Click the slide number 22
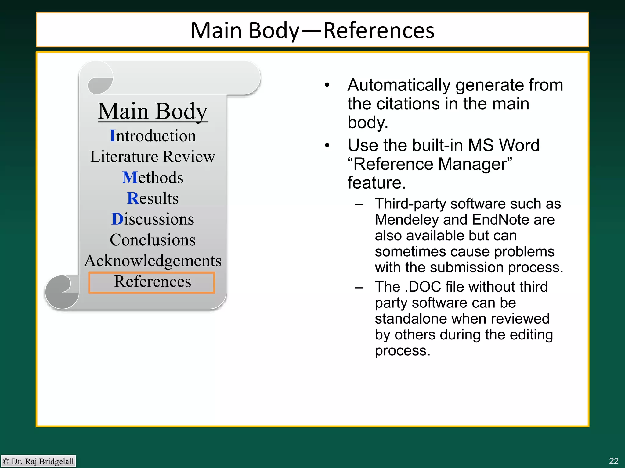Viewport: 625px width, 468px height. coord(613,461)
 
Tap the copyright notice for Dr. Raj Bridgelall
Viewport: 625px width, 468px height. coord(38,461)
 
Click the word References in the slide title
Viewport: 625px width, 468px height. coord(379,30)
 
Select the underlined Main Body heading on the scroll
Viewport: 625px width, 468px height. coord(153,112)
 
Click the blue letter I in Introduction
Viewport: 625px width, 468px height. coord(113,136)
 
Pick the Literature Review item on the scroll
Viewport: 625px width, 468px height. coord(153,157)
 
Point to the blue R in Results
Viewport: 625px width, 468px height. coord(133,198)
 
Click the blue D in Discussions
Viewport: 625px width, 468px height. coord(117,219)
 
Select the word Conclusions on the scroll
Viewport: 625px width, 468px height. coord(153,240)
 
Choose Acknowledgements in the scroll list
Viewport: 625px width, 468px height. coord(153,261)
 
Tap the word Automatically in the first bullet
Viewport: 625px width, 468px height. coord(399,85)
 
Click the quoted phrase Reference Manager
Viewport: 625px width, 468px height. coord(430,164)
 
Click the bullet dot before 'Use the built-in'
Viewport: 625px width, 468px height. coord(327,145)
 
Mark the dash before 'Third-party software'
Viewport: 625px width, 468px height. coord(359,204)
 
